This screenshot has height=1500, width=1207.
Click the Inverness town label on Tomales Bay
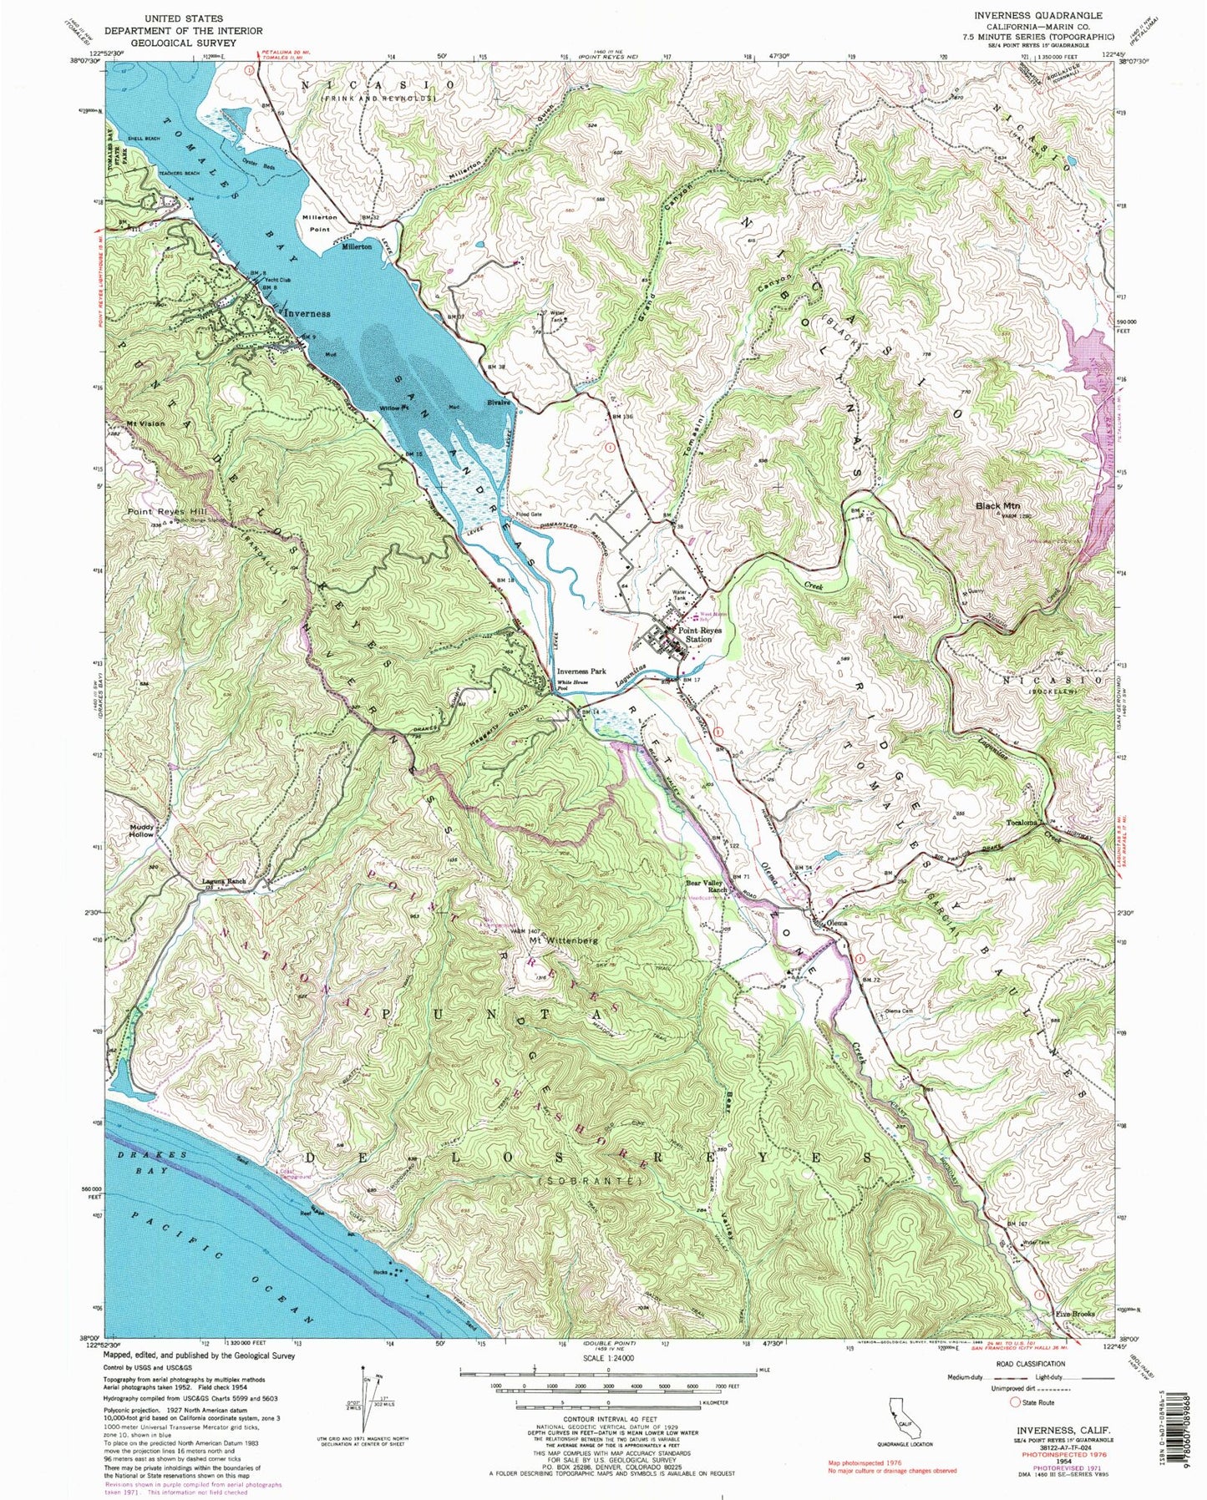tap(307, 313)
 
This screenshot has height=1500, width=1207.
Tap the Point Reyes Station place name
tap(694, 635)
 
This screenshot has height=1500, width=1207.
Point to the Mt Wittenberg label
tap(565, 940)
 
